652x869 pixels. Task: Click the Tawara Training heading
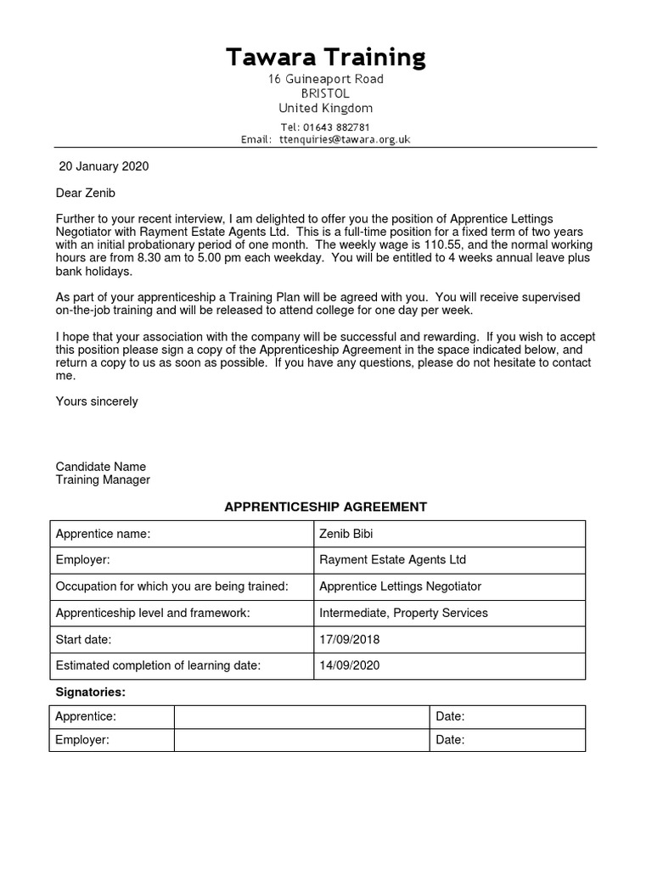[x=326, y=58]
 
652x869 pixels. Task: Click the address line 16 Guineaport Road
[x=326, y=79]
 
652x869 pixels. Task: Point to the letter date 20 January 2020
[x=104, y=166]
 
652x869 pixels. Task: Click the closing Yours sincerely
[x=97, y=401]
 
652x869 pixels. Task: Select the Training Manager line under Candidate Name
[x=103, y=479]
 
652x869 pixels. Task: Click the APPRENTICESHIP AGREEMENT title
[x=325, y=507]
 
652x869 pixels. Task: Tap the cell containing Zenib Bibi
[x=449, y=534]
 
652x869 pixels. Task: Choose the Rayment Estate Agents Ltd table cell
[x=449, y=560]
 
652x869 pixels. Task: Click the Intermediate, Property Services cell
[x=449, y=613]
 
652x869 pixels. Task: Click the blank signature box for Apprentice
[x=301, y=717]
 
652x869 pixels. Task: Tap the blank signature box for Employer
[x=301, y=740]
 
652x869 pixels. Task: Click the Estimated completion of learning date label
[x=158, y=665]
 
